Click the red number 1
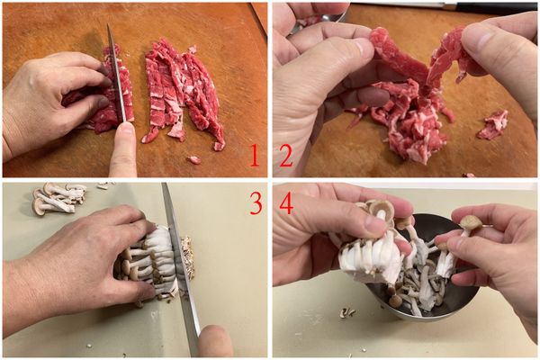pyautogui.click(x=255, y=157)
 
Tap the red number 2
pyautogui.click(x=286, y=157)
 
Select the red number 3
pyautogui.click(x=255, y=204)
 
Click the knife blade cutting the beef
pyautogui.click(x=116, y=76)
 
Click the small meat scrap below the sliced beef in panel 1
pyautogui.click(x=193, y=160)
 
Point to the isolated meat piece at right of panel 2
pyautogui.click(x=493, y=124)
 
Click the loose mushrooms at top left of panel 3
pyautogui.click(x=58, y=199)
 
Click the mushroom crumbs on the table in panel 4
pyautogui.click(x=346, y=312)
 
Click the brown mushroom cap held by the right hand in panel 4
pyautogui.click(x=470, y=222)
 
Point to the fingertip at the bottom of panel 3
pyautogui.click(x=214, y=342)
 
